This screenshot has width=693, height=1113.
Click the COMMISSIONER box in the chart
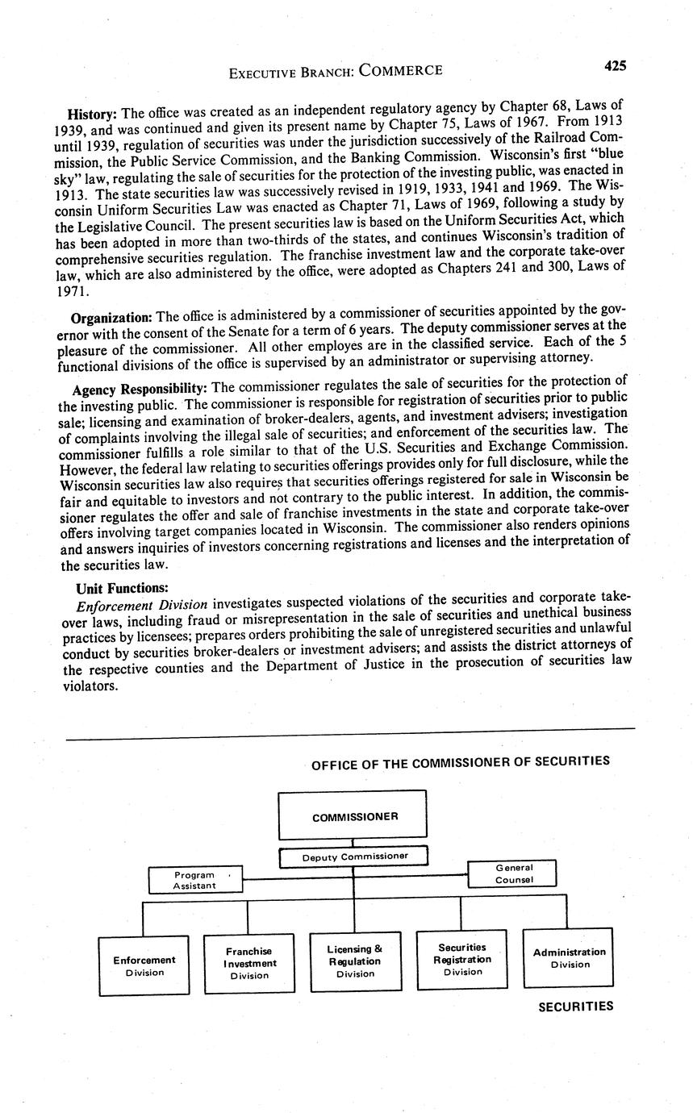tap(353, 815)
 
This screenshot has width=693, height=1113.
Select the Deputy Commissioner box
tap(353, 856)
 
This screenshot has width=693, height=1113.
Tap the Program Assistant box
tap(194, 880)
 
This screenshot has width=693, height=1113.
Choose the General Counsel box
tap(513, 873)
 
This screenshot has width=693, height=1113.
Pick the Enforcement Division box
tap(144, 965)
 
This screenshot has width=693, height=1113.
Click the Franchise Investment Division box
tap(249, 963)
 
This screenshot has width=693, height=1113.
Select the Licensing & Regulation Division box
tap(355, 961)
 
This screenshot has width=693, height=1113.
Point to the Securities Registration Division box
tap(461, 959)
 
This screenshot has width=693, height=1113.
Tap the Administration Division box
tap(569, 958)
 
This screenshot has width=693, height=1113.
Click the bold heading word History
tap(92, 112)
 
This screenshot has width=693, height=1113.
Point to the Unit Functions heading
tap(122, 588)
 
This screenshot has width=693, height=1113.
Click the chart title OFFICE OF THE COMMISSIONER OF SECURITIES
tap(460, 761)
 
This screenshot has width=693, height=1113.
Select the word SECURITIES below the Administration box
tap(575, 1007)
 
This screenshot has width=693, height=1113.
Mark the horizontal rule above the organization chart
tap(350, 734)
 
